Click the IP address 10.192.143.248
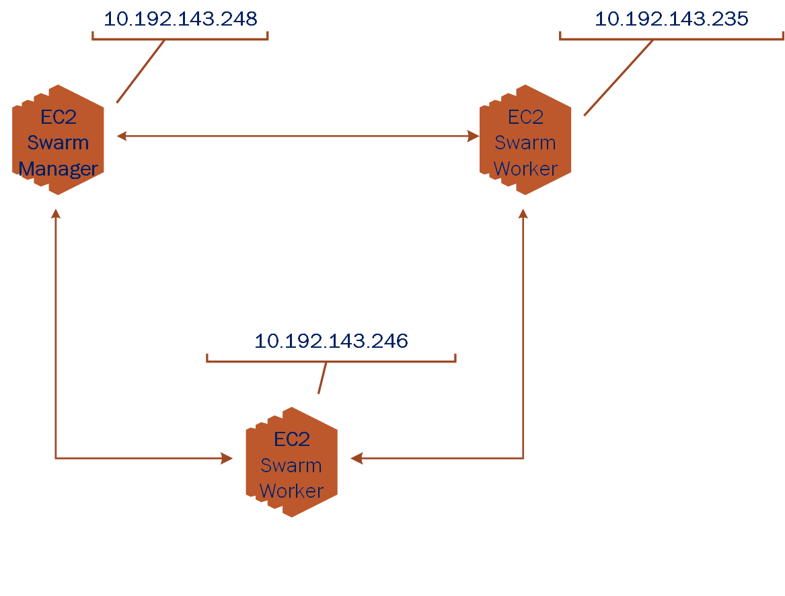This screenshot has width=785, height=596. [x=180, y=19]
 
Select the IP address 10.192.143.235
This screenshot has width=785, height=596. [x=671, y=19]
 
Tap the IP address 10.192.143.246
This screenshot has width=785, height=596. [x=331, y=341]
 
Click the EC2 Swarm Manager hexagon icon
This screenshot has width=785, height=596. [x=59, y=140]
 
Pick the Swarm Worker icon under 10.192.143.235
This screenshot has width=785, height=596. [x=525, y=140]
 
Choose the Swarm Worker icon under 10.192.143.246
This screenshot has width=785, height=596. [x=291, y=462]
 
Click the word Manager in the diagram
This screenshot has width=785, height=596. [x=59, y=169]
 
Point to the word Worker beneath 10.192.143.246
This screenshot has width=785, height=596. [x=291, y=491]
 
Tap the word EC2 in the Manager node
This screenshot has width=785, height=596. [x=59, y=117]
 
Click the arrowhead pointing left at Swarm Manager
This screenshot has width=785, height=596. [x=122, y=136]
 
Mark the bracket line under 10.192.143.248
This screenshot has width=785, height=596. [x=180, y=39]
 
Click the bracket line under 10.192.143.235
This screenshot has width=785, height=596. [x=671, y=39]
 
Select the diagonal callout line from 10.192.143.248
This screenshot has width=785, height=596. [x=141, y=71]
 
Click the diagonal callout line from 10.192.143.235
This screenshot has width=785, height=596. [x=618, y=77]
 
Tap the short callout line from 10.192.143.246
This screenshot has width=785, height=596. [x=322, y=378]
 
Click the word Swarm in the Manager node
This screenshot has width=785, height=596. [x=59, y=143]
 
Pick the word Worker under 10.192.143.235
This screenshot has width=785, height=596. [x=525, y=169]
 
